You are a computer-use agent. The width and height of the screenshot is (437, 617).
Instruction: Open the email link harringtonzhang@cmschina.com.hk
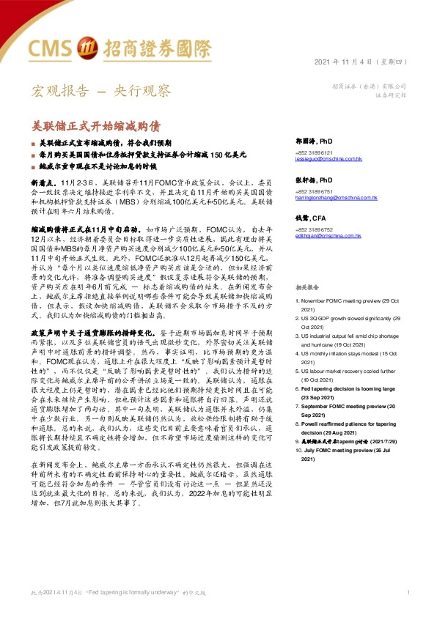[335, 198]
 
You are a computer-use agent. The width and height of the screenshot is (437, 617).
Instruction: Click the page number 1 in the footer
[408, 591]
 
